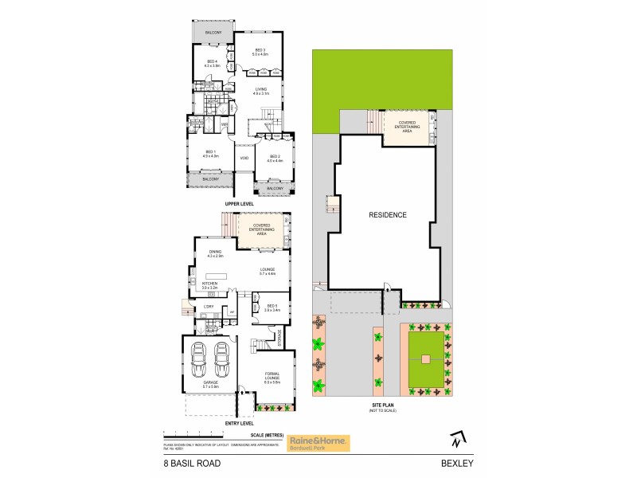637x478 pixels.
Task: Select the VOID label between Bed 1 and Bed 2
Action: pyautogui.click(x=244, y=158)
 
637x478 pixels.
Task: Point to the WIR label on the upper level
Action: pyautogui.click(x=225, y=125)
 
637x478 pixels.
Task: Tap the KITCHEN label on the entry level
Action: pyautogui.click(x=209, y=282)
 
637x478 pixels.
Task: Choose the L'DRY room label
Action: pyautogui.click(x=209, y=306)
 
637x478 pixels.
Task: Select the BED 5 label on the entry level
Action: pyautogui.click(x=272, y=307)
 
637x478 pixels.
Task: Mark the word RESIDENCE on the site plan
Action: pyautogui.click(x=388, y=215)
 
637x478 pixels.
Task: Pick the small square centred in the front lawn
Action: pyautogui.click(x=428, y=359)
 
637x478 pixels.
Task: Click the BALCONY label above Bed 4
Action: pyautogui.click(x=213, y=33)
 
